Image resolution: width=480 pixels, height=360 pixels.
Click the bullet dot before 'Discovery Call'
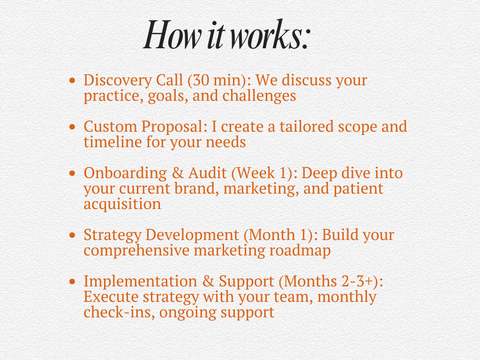[72, 80]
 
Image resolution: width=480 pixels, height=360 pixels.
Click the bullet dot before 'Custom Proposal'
[72, 127]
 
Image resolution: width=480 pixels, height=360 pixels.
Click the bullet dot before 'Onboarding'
[72, 173]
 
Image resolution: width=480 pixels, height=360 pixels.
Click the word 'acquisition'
[122, 204]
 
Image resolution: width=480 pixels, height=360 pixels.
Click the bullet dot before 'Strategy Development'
[72, 235]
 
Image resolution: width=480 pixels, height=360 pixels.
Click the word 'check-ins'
[119, 312]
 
